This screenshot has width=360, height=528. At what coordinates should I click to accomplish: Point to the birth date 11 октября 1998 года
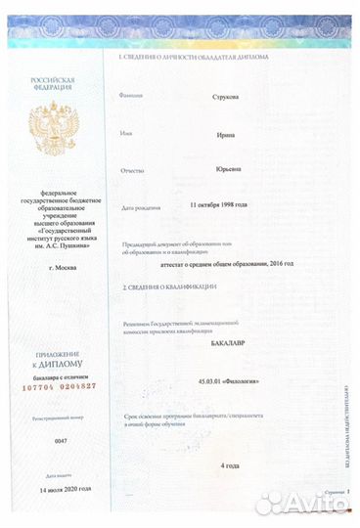click(x=218, y=205)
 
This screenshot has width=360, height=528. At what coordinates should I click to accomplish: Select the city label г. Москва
click(x=50, y=266)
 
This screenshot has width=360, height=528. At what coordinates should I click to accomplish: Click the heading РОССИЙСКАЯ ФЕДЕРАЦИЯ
click(x=52, y=86)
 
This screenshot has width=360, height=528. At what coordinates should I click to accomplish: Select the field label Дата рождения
click(x=137, y=207)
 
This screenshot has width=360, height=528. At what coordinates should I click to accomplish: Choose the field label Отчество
click(x=132, y=170)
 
